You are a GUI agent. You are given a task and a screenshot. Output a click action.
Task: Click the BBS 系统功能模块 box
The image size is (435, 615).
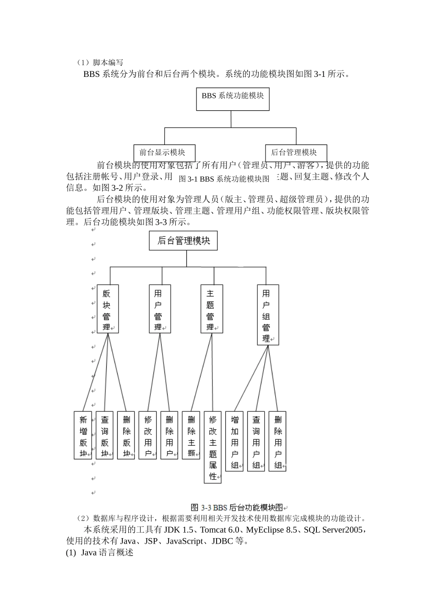[x=233, y=99]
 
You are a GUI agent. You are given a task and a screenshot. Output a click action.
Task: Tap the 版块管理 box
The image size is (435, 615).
[x=108, y=309]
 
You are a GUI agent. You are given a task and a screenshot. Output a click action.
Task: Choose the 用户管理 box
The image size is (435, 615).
[x=160, y=309]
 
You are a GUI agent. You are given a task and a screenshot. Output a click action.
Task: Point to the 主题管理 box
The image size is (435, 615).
[x=212, y=309]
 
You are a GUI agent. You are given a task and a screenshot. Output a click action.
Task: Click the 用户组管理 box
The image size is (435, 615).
[x=267, y=315]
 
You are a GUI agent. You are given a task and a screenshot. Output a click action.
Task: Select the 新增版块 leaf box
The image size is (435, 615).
[x=83, y=435]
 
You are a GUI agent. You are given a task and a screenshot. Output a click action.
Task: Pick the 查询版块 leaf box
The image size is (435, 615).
[x=104, y=435]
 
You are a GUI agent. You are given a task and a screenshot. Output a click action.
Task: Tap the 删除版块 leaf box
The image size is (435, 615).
[x=126, y=435]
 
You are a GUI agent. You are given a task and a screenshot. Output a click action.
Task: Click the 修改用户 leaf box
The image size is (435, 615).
[x=147, y=435]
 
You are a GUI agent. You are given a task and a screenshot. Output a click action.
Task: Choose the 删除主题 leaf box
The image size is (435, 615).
[x=191, y=435]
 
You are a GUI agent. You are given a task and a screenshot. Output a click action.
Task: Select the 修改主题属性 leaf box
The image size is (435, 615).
[x=212, y=447]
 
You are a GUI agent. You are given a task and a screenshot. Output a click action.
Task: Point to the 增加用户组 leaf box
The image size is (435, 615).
[x=234, y=441]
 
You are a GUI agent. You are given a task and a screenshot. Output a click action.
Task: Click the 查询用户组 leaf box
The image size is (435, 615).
[x=256, y=441]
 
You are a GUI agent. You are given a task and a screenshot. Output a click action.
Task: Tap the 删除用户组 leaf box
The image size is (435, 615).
[x=277, y=441]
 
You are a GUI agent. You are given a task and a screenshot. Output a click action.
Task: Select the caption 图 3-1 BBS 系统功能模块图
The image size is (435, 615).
[x=224, y=179]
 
